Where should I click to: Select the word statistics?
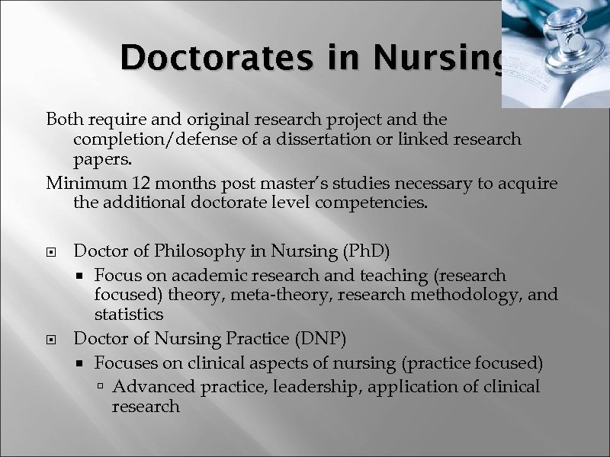129,314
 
